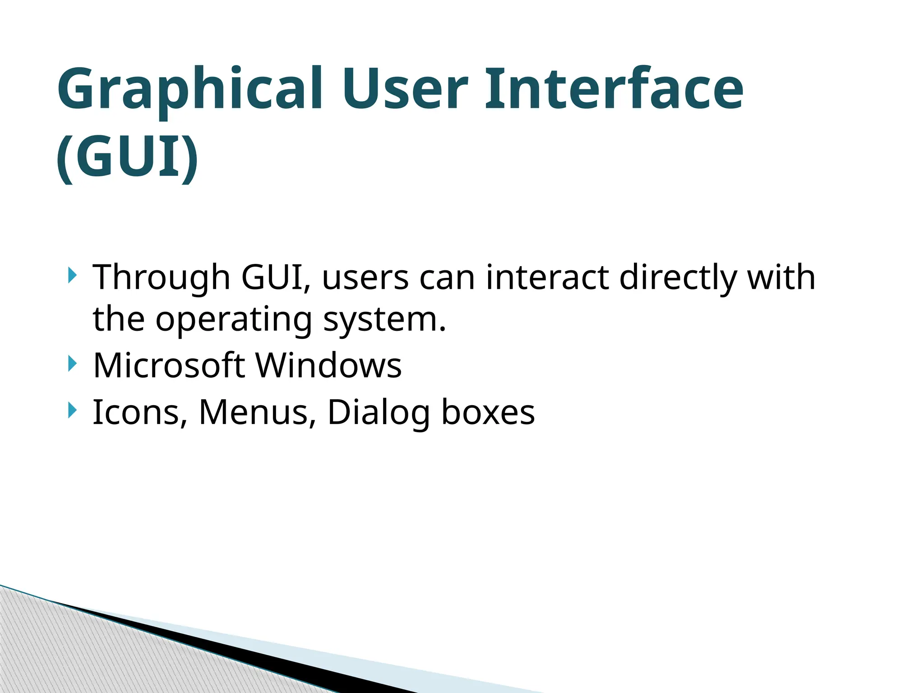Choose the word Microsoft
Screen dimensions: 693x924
coord(169,365)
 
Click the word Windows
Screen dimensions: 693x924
coord(328,365)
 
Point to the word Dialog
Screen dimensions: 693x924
coord(379,413)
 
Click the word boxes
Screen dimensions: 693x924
coord(488,412)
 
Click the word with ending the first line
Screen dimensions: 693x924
coord(781,277)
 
